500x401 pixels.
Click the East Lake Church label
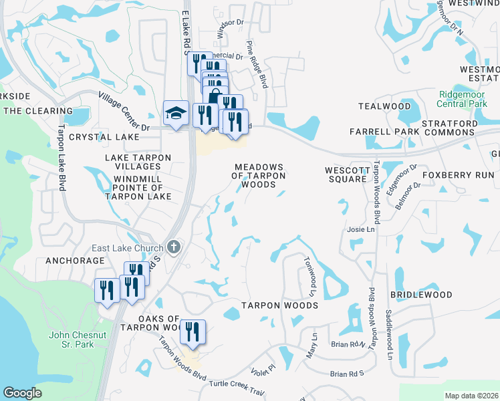click(127, 248)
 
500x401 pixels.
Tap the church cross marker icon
click(174, 247)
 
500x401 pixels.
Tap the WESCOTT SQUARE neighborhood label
click(346, 174)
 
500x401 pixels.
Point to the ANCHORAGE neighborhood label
click(76, 261)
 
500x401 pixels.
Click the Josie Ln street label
click(361, 229)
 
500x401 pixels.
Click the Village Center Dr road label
click(124, 111)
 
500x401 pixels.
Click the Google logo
click(23, 393)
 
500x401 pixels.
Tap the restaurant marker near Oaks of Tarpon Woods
click(193, 331)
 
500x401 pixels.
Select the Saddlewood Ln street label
click(388, 335)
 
